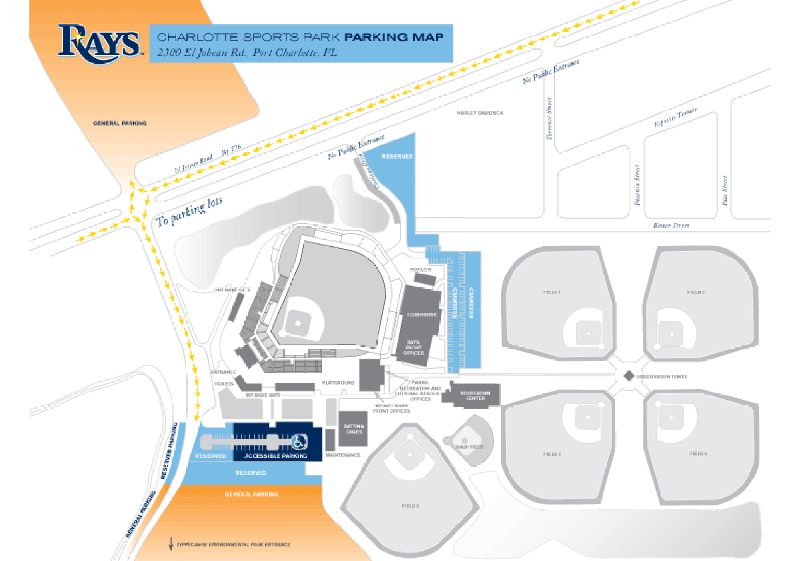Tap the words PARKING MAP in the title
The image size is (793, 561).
tap(394, 37)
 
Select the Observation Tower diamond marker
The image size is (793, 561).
tap(629, 376)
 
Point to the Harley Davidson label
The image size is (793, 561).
tap(480, 113)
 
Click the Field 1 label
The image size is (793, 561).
tap(552, 292)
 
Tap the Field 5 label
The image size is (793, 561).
tap(410, 506)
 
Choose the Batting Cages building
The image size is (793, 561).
tap(353, 429)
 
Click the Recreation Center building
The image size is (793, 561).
tap(475, 395)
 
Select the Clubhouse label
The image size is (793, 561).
tap(421, 315)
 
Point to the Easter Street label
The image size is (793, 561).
tap(671, 226)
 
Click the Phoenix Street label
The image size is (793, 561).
tap(637, 185)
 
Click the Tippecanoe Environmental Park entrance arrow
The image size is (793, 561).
tap(171, 544)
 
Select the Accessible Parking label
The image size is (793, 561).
tap(276, 456)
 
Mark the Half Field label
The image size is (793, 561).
tap(469, 447)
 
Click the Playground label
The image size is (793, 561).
tap(338, 383)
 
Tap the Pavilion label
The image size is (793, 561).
tap(421, 270)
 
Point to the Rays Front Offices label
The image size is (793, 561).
tap(413, 347)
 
